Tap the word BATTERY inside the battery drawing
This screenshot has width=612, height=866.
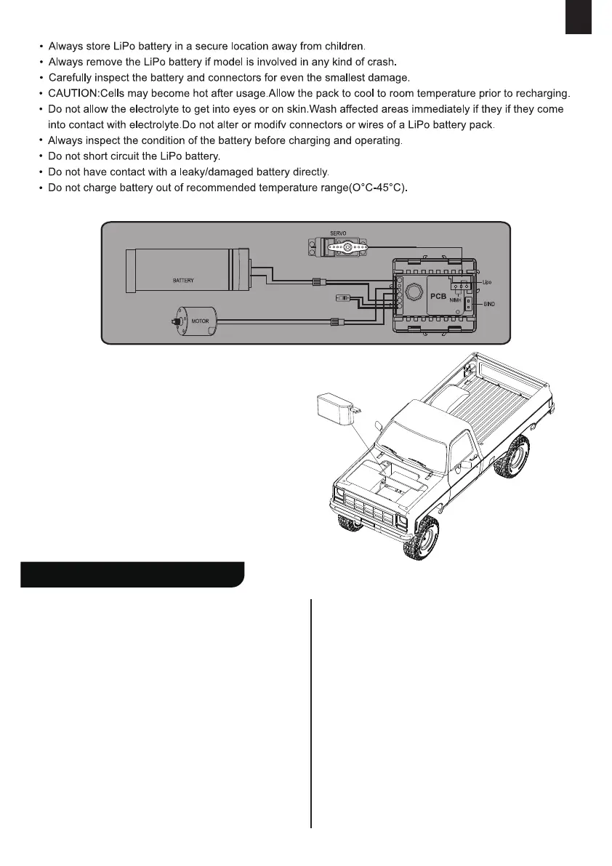pyautogui.click(x=183, y=280)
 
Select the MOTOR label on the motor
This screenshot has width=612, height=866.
pyautogui.click(x=200, y=320)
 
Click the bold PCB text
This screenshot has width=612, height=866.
pyautogui.click(x=438, y=297)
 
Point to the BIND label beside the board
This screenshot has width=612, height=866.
pyautogui.click(x=489, y=304)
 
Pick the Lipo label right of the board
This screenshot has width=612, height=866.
pyautogui.click(x=487, y=280)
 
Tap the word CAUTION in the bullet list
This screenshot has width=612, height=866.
pyautogui.click(x=73, y=94)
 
